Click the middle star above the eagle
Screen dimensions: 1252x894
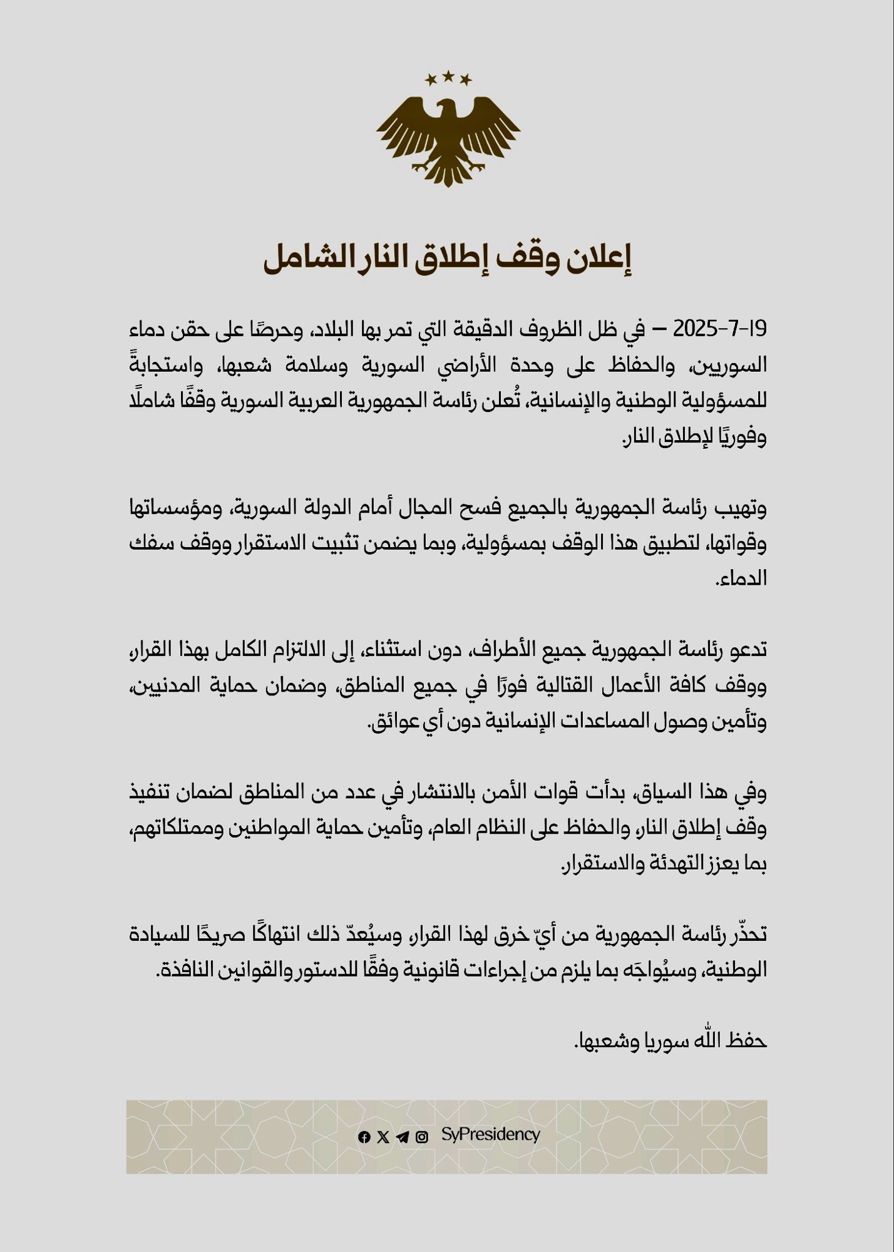(448, 76)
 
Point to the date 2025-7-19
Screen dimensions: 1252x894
(719, 329)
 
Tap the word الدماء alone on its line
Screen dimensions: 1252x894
(742, 578)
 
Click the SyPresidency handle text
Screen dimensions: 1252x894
(490, 1134)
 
